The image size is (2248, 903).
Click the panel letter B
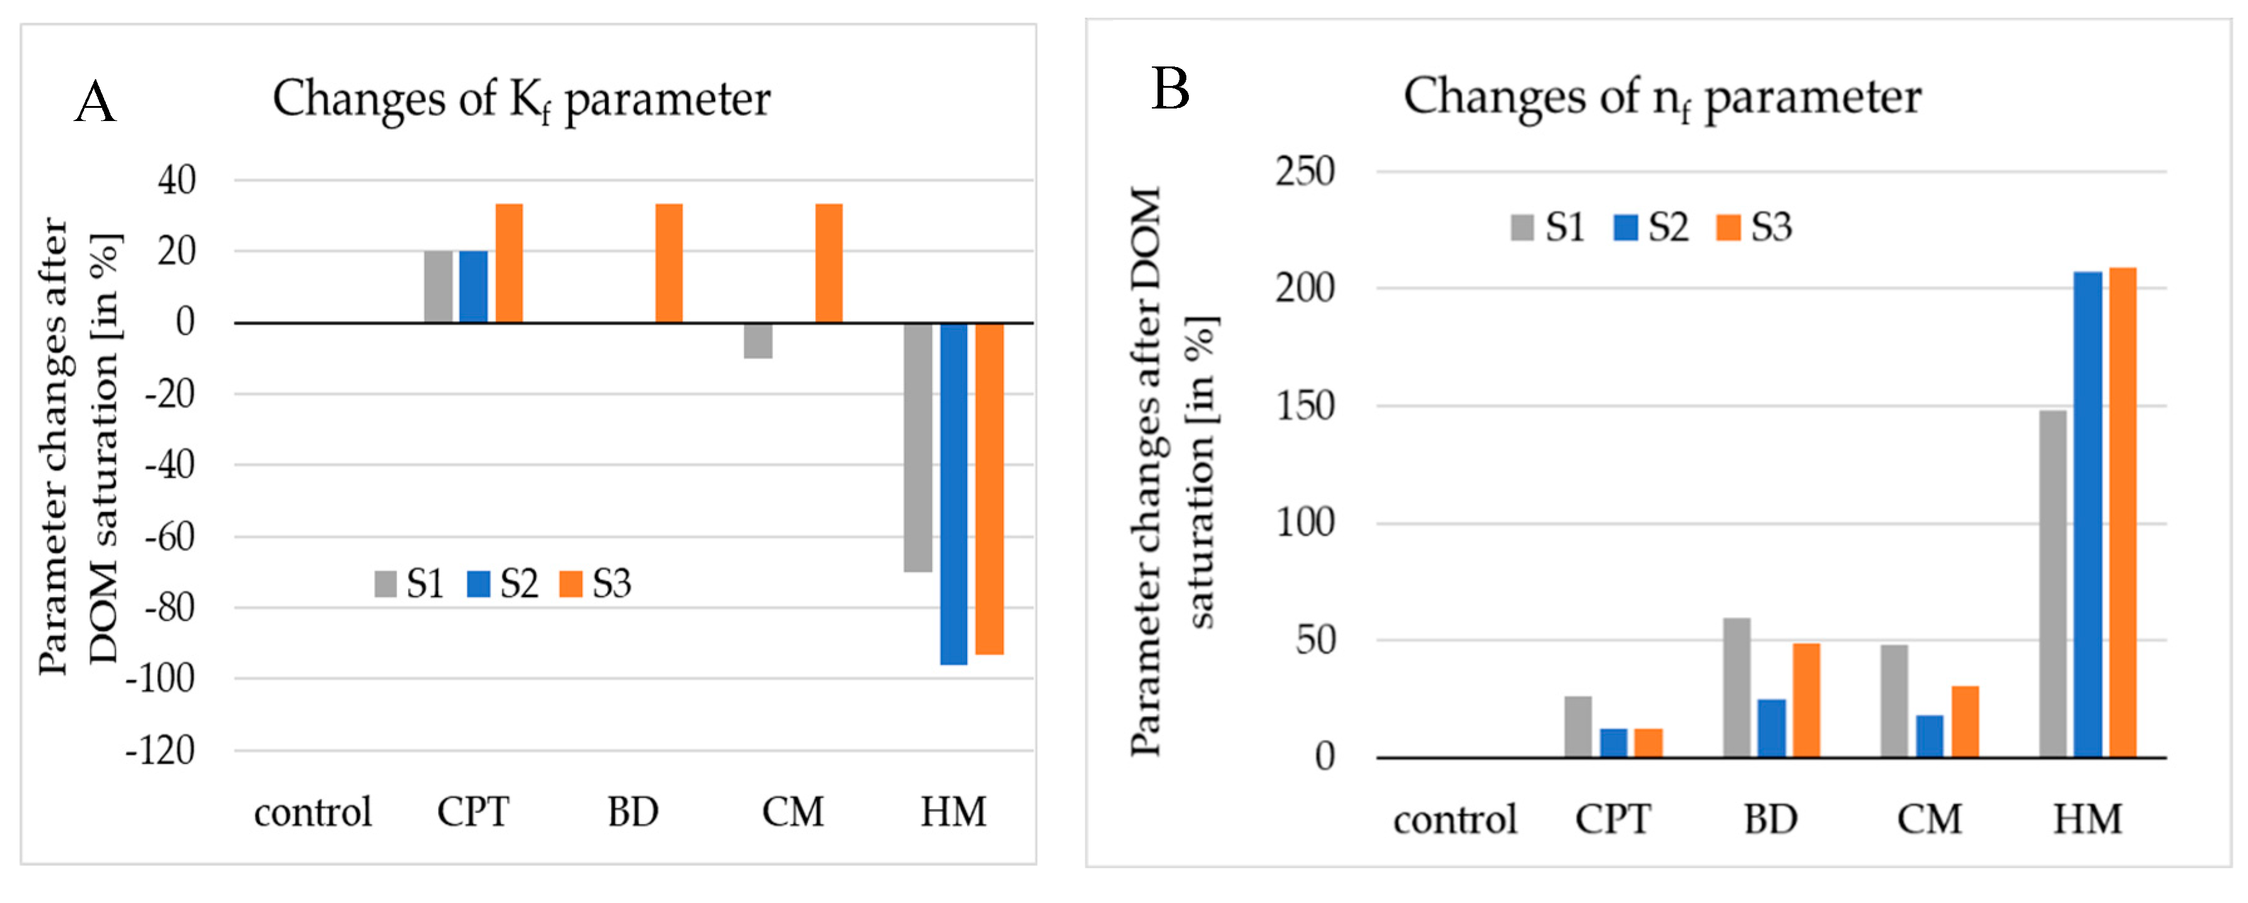pos(1170,89)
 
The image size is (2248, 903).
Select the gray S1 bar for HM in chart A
pos(917,447)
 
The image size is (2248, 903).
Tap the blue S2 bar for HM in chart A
pos(953,494)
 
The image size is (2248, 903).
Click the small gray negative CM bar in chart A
pos(758,341)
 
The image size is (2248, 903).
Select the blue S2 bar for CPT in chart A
pos(473,287)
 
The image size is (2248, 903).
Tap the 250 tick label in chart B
pos(1305,171)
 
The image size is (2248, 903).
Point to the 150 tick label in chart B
pos(1305,406)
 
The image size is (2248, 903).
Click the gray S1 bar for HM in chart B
pos(2052,583)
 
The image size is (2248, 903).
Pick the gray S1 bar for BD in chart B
pos(1736,687)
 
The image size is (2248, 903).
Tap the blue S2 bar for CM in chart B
pos(1930,736)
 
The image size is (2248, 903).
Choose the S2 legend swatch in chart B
pos(1626,228)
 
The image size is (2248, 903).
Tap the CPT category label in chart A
pos(473,812)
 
